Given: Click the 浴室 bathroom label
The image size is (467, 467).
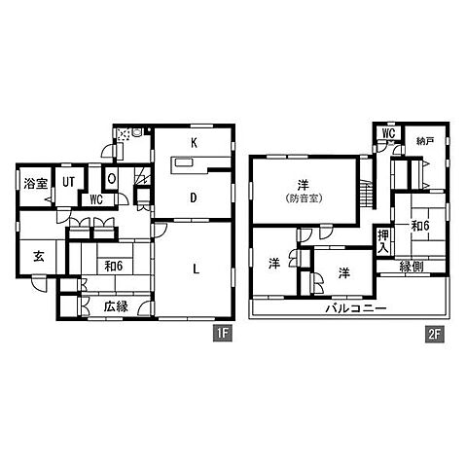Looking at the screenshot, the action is point(36,184).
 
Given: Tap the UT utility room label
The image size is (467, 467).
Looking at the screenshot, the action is point(68,182).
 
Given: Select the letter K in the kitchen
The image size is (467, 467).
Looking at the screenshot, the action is point(194,143).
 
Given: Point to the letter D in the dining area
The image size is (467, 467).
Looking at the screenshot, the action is point(194,198).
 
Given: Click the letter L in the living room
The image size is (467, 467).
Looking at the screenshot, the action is point(196,269).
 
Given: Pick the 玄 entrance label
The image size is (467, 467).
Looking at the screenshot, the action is point(39,257).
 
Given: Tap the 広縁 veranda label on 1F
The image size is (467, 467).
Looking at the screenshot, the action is point(116,306).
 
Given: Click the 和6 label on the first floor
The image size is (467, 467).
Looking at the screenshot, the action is point(113,267).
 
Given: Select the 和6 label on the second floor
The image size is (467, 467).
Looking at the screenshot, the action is point(420,226).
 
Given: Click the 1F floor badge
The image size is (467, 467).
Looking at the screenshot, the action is point(223,334).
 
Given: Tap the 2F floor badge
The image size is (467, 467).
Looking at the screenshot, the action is point(435,335).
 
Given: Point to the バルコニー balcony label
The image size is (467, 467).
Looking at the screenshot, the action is point(356,307).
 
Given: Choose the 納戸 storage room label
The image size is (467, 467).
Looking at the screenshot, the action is point(425,141).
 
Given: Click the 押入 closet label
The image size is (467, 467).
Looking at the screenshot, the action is point(383,241).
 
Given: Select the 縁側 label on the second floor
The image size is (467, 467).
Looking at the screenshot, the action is point(412,267).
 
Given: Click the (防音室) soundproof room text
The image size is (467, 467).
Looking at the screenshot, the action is point(305,198).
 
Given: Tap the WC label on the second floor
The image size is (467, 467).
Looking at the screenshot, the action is point(388,133).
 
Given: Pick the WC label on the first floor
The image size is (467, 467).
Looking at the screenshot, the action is point(96,199).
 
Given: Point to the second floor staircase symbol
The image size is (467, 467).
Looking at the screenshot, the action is point(368,194).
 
